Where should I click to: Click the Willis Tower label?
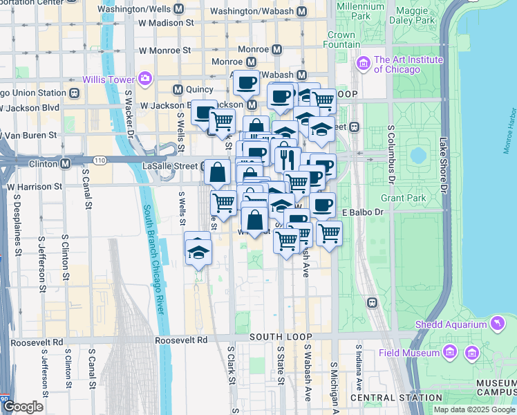click(x=109, y=78)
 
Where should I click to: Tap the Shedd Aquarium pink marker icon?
click(x=496, y=324)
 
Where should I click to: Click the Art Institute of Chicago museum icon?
click(x=364, y=64)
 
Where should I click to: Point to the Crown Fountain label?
click(x=341, y=39)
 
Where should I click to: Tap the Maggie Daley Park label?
click(x=415, y=16)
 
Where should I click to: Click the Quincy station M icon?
click(x=178, y=89)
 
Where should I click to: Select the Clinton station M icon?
click(x=65, y=165)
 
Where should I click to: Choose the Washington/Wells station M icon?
click(x=180, y=10)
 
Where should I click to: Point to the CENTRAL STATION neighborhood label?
click(x=396, y=398)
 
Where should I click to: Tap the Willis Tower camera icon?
click(x=145, y=77)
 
